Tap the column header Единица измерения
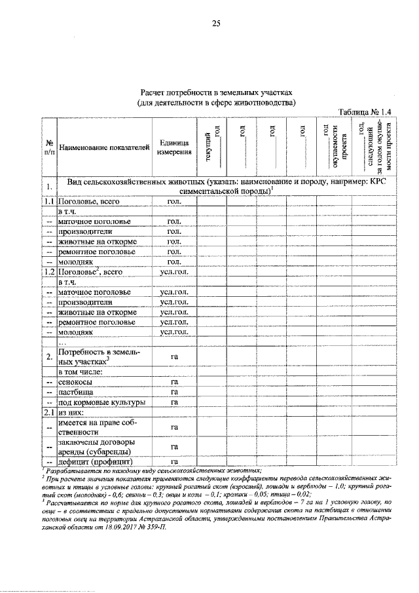173,147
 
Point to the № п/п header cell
49,147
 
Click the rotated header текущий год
211,146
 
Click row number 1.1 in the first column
49,202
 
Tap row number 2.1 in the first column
49,412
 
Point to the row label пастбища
77,391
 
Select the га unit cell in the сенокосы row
174,381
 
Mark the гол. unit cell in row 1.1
174,202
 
